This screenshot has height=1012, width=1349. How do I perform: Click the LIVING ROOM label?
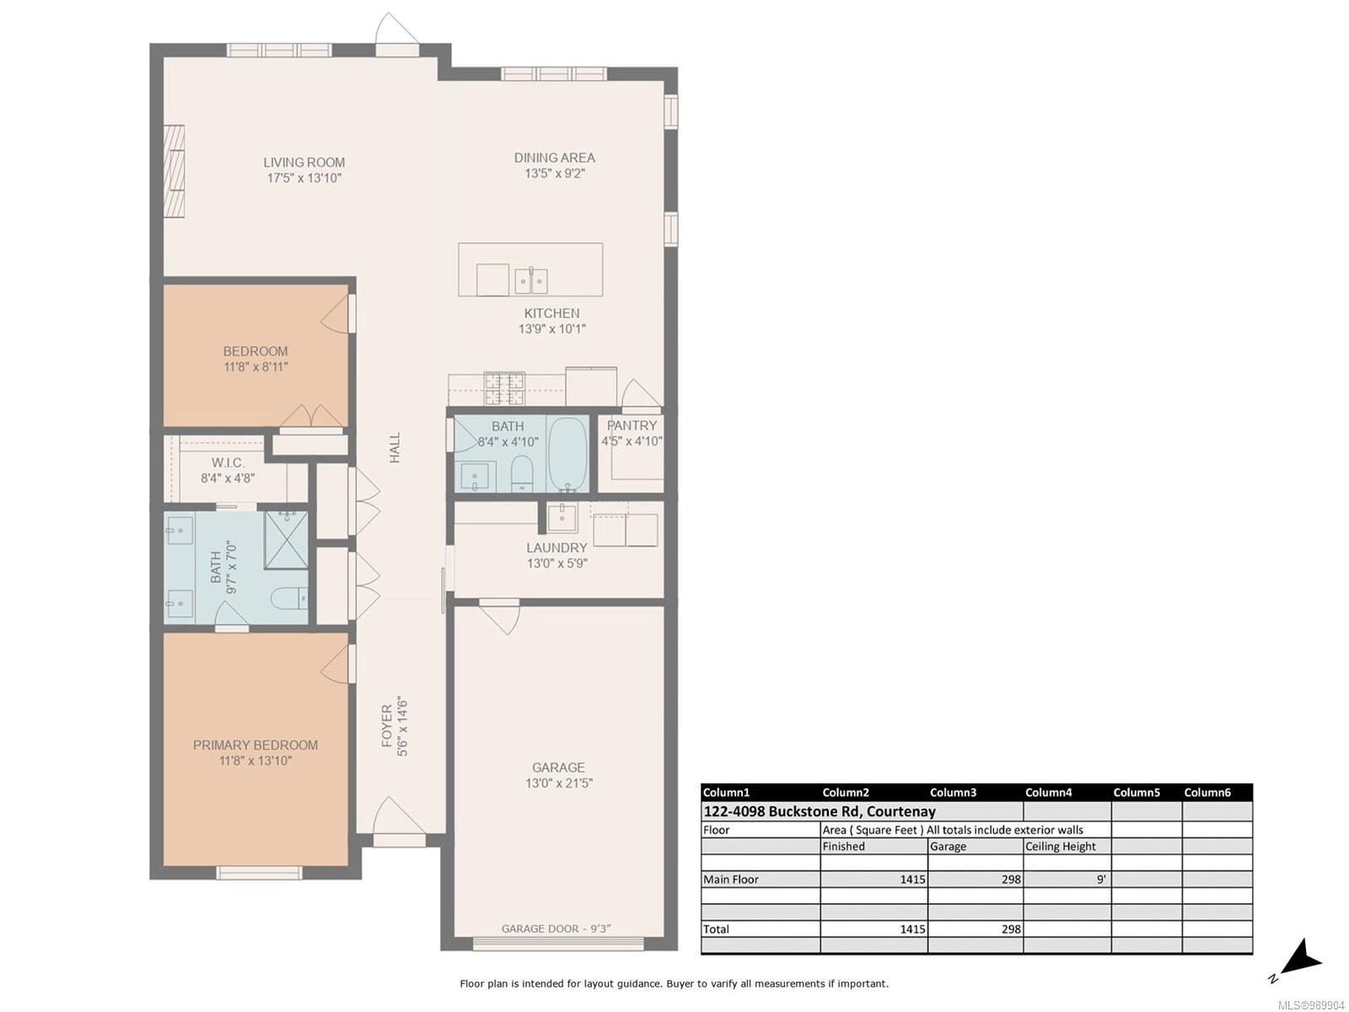tap(304, 162)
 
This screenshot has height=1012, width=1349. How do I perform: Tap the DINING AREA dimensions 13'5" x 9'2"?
tap(554, 173)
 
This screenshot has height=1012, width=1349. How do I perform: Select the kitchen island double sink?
tap(531, 281)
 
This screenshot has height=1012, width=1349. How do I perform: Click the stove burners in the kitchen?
tap(504, 388)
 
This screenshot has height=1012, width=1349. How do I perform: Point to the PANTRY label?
tap(632, 425)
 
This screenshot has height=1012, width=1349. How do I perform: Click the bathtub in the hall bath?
tap(568, 454)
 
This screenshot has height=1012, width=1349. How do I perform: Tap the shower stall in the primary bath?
tap(286, 540)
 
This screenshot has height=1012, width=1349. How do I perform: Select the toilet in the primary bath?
tap(289, 598)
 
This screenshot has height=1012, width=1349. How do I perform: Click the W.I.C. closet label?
tap(228, 462)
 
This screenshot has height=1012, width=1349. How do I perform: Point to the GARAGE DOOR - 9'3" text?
tap(556, 929)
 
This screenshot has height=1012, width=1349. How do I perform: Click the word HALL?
tap(395, 447)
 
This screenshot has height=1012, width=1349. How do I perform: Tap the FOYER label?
tap(386, 726)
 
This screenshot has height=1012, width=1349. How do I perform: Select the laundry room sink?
tap(562, 517)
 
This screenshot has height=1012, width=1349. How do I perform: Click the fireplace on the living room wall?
tap(175, 171)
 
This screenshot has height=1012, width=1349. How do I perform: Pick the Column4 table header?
tap(1048, 793)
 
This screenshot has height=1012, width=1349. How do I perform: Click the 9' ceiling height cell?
tap(1101, 880)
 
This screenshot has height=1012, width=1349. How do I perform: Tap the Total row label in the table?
tap(716, 929)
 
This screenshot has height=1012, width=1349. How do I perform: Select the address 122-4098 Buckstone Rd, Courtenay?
tap(820, 811)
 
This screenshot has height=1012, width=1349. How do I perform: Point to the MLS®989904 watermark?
tap(1312, 1005)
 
